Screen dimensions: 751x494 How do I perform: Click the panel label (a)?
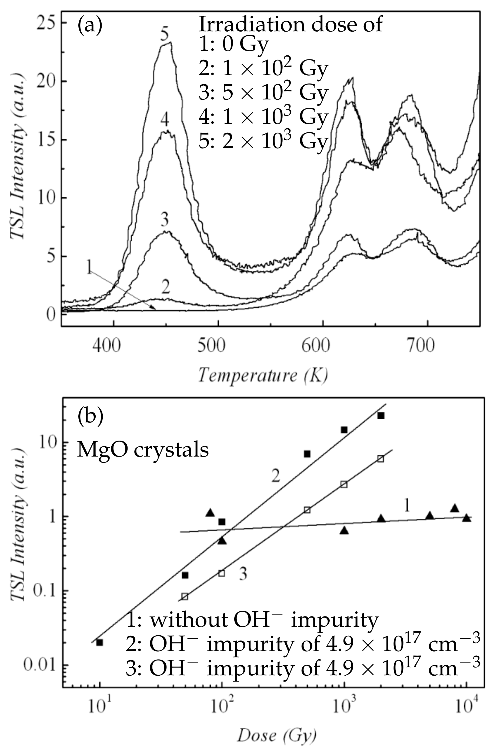(x=90, y=26)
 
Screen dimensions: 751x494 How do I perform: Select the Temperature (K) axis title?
(x=263, y=376)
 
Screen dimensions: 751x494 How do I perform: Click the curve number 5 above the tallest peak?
(x=164, y=34)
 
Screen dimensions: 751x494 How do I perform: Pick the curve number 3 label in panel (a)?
(x=165, y=220)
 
